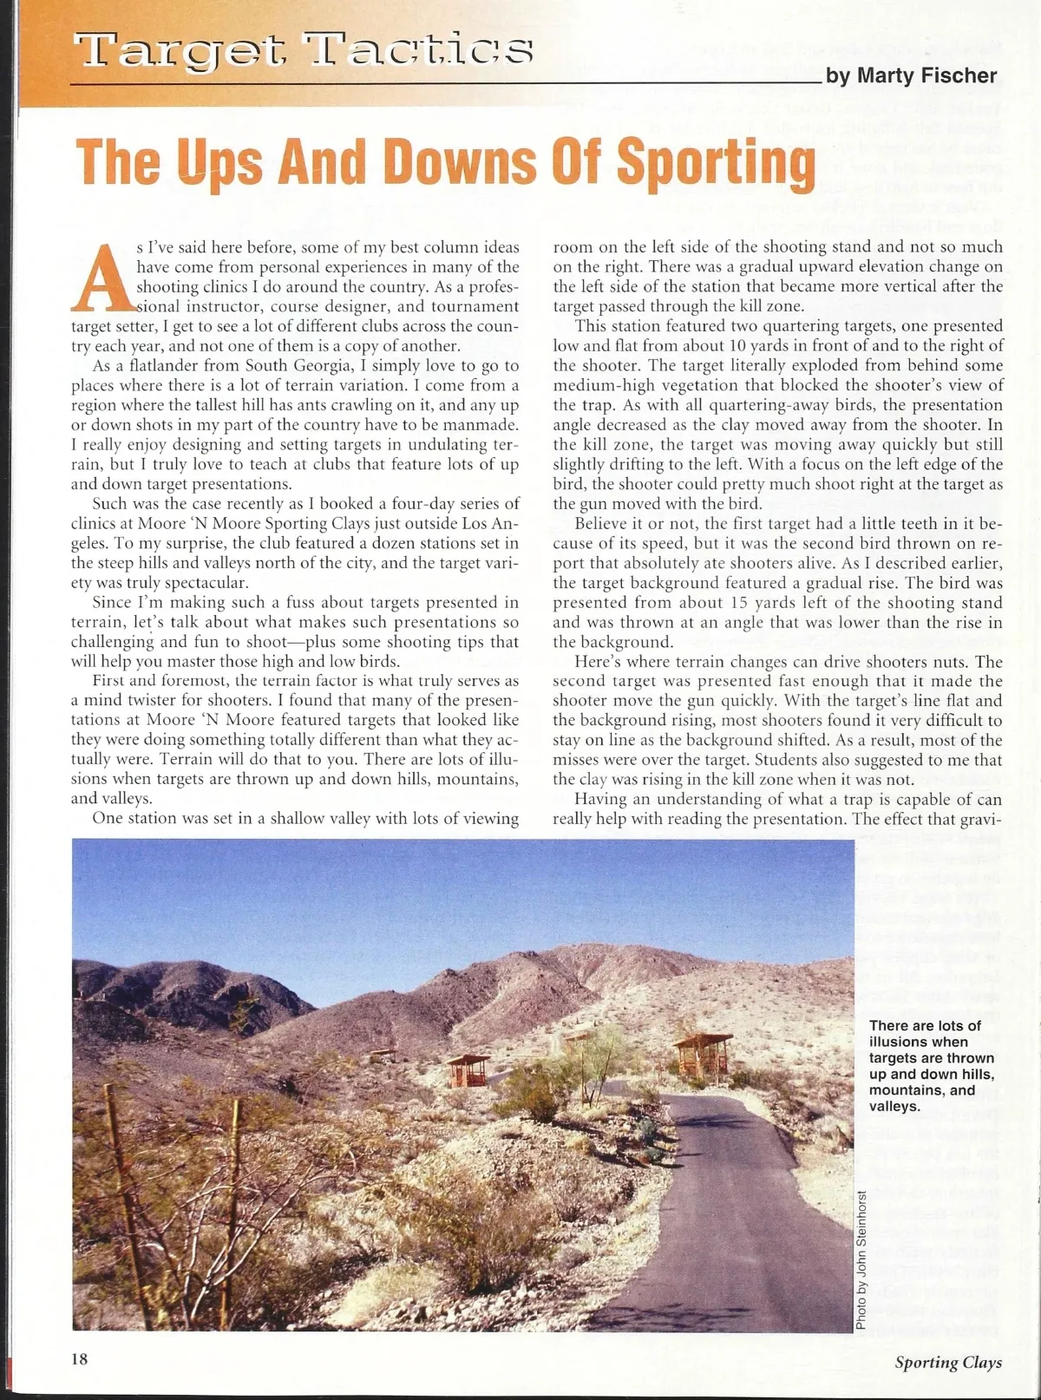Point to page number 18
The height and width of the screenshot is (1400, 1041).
(x=80, y=1359)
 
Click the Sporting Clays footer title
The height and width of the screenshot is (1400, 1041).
(x=948, y=1362)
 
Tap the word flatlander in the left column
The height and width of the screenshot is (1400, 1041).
(x=169, y=365)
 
